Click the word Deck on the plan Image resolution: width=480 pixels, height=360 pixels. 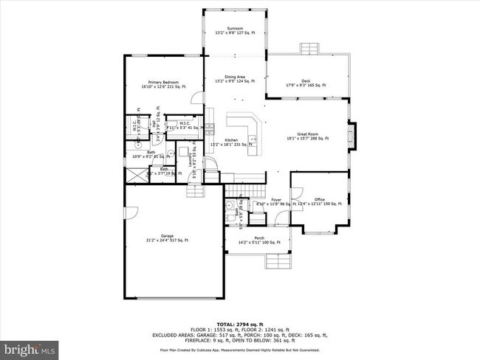(x=306, y=81)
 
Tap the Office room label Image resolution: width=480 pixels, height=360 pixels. (x=319, y=199)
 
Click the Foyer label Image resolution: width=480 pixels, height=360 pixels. (x=276, y=200)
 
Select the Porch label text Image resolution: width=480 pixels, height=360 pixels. (x=258, y=237)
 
